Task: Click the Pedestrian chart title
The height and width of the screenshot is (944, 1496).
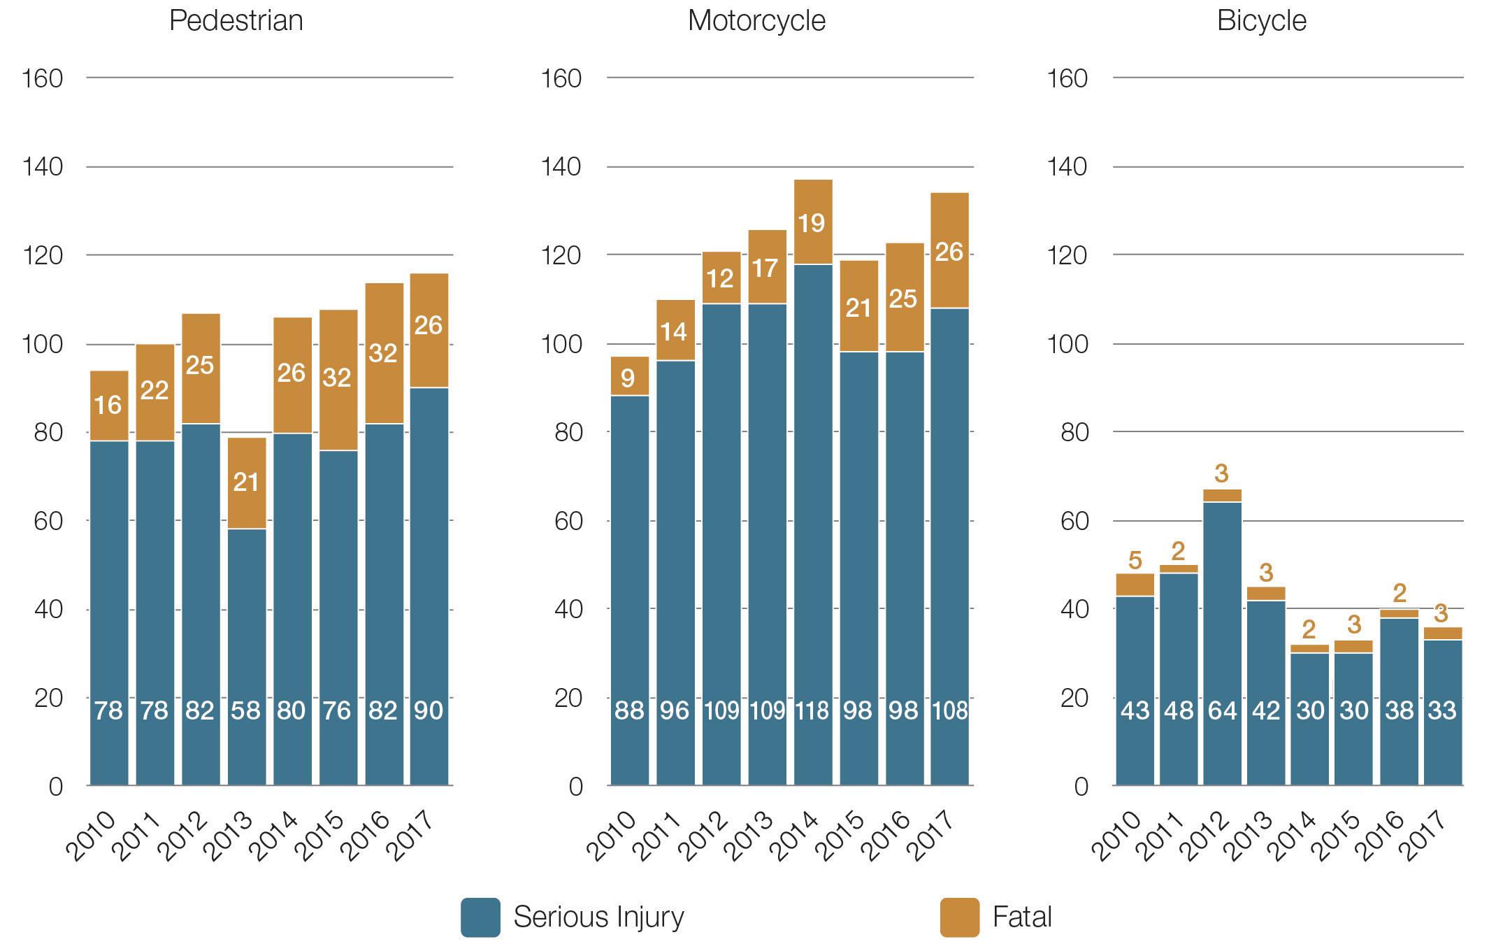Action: pyautogui.click(x=236, y=20)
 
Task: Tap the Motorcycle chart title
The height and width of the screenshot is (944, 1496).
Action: pyautogui.click(x=756, y=20)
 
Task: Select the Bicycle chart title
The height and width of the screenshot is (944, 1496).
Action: pyautogui.click(x=1261, y=20)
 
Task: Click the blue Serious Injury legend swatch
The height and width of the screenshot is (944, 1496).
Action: pyautogui.click(x=480, y=917)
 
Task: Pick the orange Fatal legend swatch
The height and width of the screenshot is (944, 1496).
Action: pyautogui.click(x=959, y=917)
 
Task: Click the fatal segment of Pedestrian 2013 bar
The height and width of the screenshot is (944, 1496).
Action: pyautogui.click(x=246, y=482)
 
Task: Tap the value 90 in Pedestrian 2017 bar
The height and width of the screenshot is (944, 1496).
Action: pyautogui.click(x=429, y=710)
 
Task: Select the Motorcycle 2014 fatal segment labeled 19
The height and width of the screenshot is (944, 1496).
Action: pyautogui.click(x=812, y=223)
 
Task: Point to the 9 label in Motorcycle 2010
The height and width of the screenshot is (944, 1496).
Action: pyautogui.click(x=628, y=378)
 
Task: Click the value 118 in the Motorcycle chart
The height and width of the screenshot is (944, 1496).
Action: pyautogui.click(x=812, y=710)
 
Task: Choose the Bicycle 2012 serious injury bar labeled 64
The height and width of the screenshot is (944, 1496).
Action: pyautogui.click(x=1222, y=710)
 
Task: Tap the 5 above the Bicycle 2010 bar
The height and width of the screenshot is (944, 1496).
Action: pyautogui.click(x=1135, y=560)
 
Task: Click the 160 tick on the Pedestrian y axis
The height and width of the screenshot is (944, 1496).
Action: pyautogui.click(x=43, y=78)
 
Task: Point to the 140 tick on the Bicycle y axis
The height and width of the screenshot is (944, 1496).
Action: pyautogui.click(x=1067, y=167)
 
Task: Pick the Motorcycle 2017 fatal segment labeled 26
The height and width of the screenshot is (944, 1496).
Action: pyautogui.click(x=949, y=252)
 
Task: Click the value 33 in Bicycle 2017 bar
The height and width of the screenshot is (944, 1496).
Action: pyautogui.click(x=1441, y=710)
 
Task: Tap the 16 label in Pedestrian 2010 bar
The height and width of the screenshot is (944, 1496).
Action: pyautogui.click(x=108, y=405)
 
